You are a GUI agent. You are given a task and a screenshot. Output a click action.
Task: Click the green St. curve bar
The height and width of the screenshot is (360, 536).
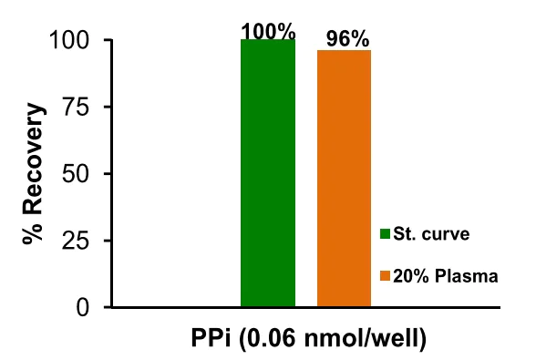[x=268, y=173]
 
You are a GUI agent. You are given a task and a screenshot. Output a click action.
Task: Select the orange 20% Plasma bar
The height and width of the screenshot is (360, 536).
[x=344, y=179]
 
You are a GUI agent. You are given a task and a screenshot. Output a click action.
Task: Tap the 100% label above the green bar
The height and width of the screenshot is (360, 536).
[x=268, y=31]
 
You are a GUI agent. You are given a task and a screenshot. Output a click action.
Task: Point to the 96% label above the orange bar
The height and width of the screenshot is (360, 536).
[x=347, y=39]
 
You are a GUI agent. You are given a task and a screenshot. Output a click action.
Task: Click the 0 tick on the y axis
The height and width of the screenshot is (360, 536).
[x=88, y=307]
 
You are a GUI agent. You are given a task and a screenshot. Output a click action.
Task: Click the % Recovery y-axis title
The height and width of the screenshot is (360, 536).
[x=34, y=175]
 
